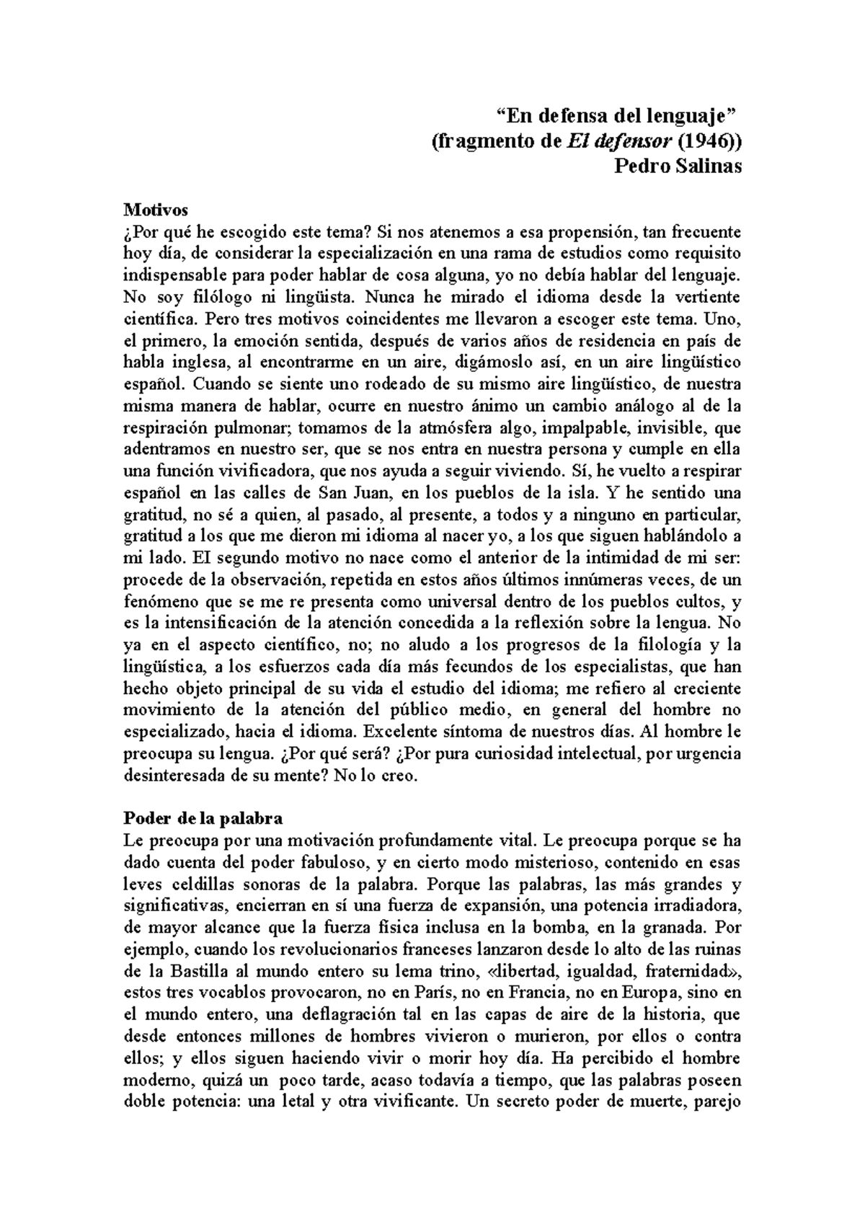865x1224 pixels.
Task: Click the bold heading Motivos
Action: (x=156, y=210)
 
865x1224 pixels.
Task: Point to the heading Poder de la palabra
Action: (x=203, y=819)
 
